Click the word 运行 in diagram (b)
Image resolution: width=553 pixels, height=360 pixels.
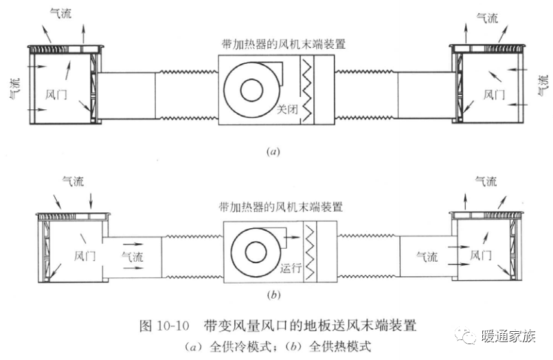click(x=291, y=269)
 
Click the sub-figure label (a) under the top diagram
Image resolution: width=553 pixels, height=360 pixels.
click(x=275, y=150)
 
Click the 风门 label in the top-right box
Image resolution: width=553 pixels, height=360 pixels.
click(x=494, y=93)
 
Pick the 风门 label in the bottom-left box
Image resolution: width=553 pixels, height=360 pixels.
click(x=84, y=255)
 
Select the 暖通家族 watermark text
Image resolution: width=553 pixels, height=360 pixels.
click(x=509, y=337)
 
